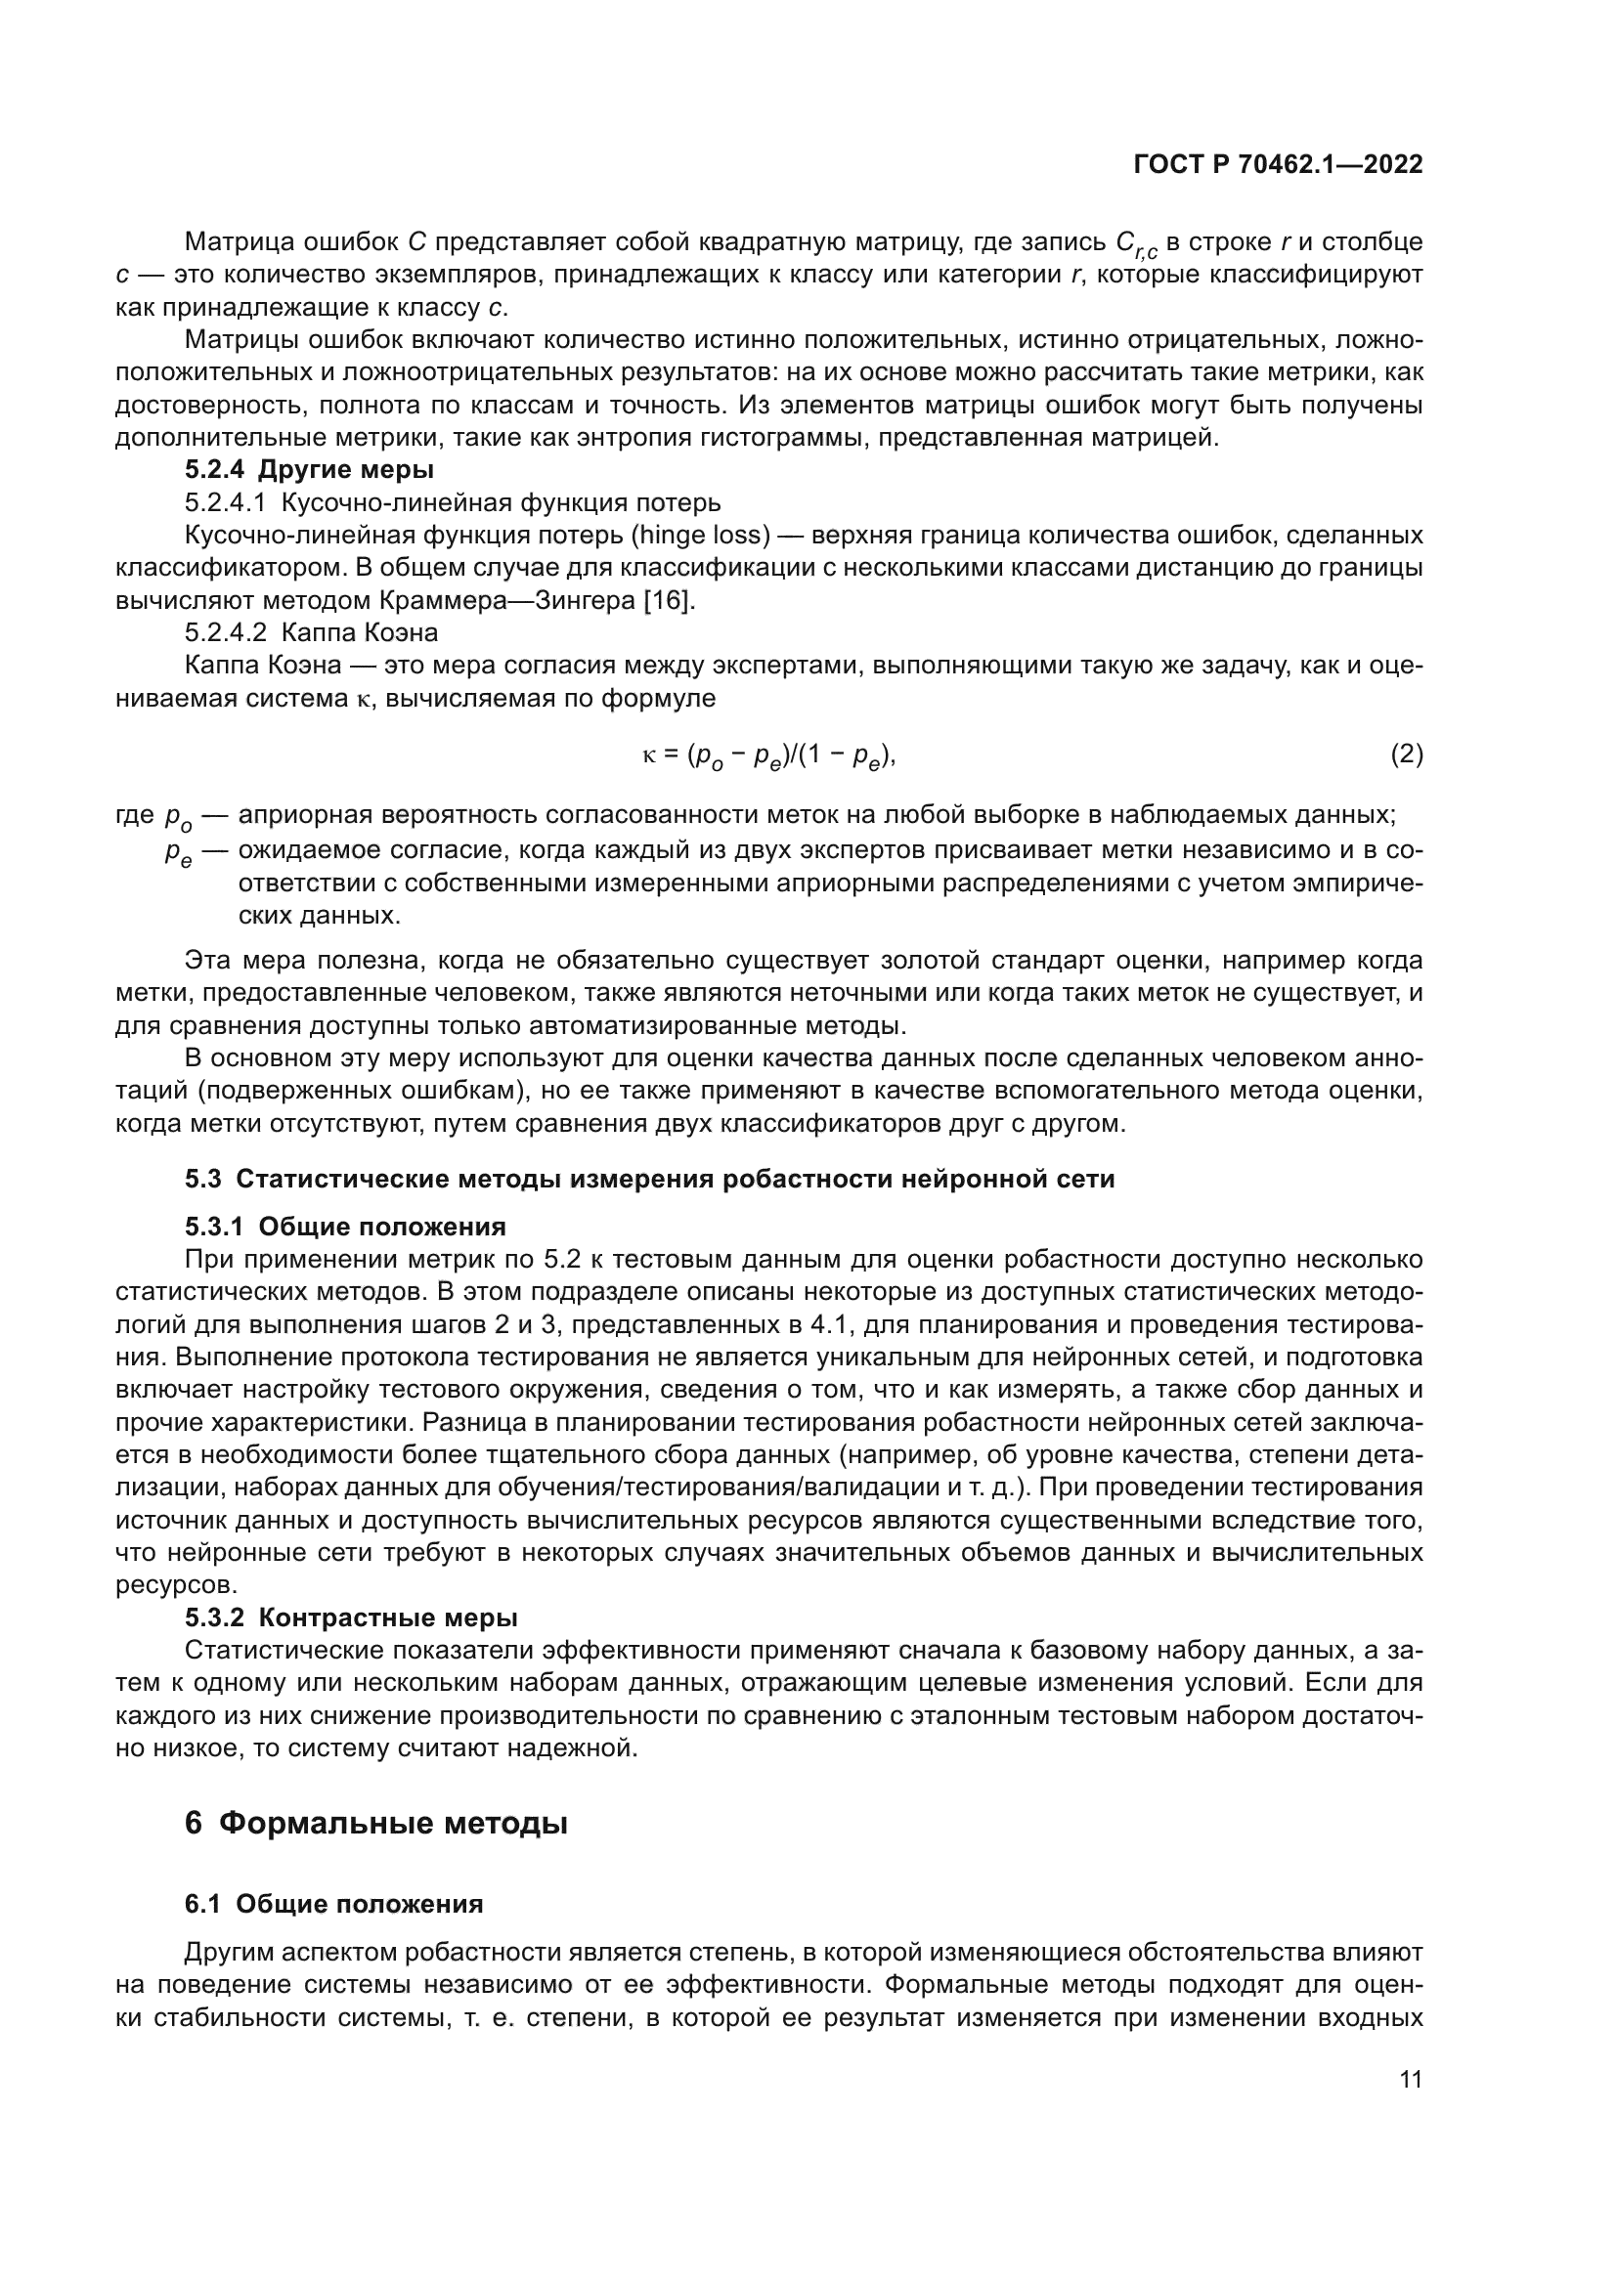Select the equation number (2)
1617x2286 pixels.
click(x=1406, y=755)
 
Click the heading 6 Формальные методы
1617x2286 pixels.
click(x=376, y=1823)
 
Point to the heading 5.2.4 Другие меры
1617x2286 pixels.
click(x=309, y=469)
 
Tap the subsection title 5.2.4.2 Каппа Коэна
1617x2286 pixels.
click(x=311, y=633)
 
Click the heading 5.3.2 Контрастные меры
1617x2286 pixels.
click(x=351, y=1617)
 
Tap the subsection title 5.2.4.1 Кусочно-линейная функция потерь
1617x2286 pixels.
click(x=452, y=501)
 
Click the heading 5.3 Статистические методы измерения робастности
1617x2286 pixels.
click(x=649, y=1179)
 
